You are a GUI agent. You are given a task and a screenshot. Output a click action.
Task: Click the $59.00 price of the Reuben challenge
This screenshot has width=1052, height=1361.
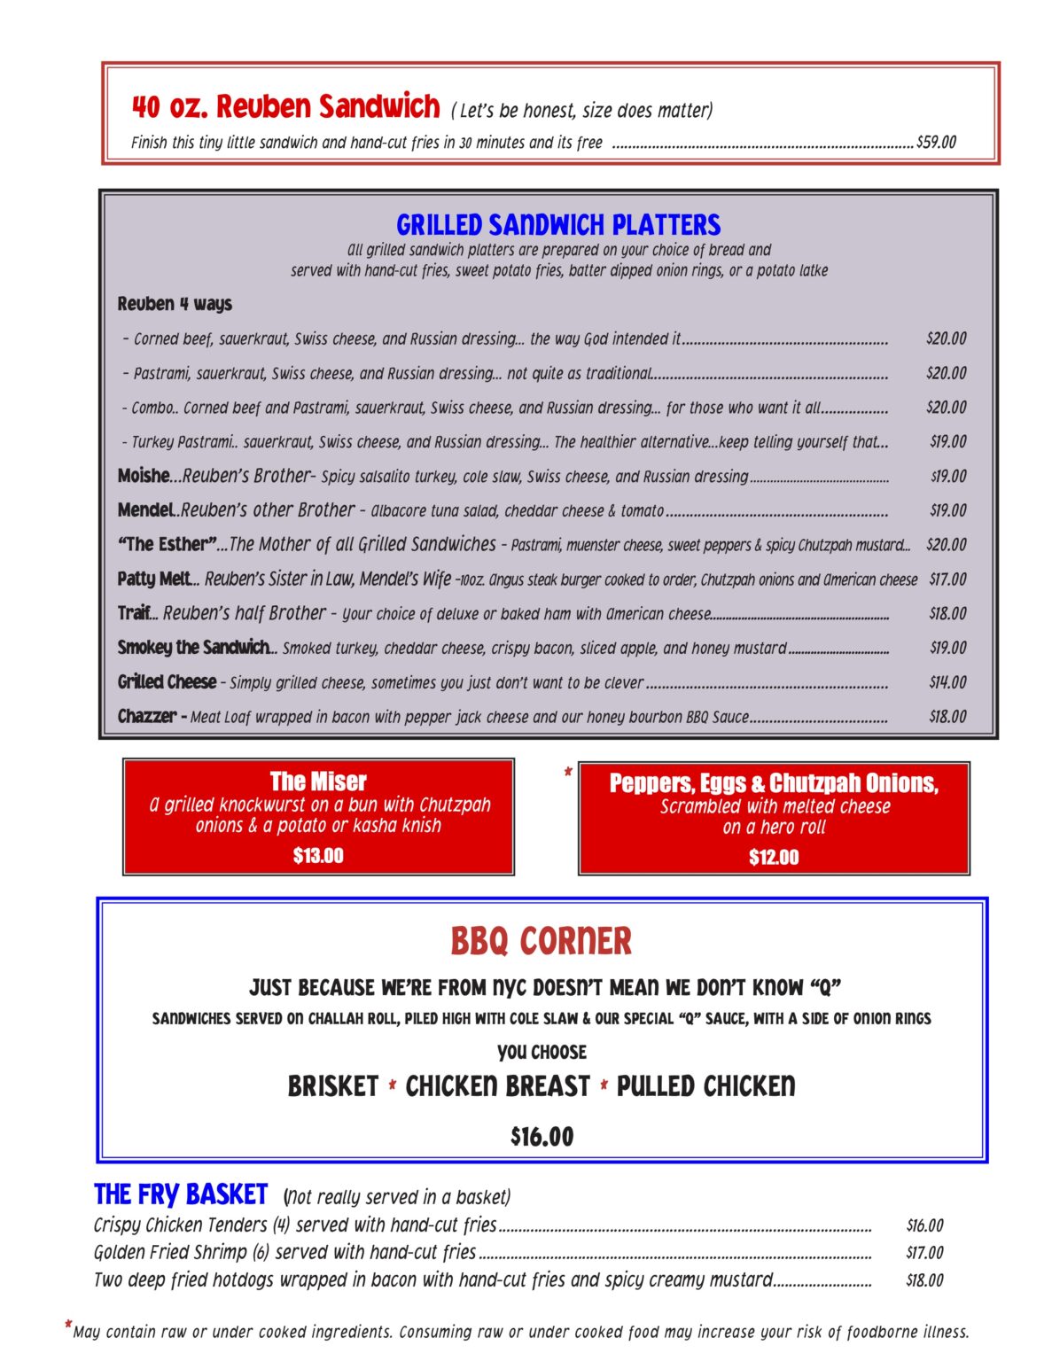(936, 142)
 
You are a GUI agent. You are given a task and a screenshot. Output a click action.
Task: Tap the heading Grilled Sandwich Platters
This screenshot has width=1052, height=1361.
(558, 224)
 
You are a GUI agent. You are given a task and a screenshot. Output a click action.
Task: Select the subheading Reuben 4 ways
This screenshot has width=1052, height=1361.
(175, 304)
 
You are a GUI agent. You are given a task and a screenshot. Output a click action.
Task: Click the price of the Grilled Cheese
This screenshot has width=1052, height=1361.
(947, 682)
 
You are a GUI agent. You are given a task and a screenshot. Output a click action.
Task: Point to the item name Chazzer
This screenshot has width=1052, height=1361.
(147, 716)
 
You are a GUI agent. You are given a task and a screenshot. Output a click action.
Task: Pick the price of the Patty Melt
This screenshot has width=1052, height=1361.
(947, 579)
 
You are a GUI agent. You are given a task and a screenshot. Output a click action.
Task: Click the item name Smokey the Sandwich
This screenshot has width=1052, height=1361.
(194, 648)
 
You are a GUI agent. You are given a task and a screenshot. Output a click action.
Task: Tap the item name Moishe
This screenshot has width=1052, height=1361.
(143, 476)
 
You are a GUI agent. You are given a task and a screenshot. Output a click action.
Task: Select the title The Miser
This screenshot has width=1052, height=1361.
(318, 782)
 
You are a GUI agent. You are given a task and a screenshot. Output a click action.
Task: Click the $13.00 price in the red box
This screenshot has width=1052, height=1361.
(318, 856)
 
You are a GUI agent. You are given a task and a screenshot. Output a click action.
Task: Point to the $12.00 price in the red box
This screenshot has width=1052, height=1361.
(774, 858)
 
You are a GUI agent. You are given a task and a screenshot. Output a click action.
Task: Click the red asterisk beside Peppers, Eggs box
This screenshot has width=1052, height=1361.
(568, 773)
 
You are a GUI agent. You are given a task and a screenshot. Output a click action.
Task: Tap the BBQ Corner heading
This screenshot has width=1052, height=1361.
(541, 941)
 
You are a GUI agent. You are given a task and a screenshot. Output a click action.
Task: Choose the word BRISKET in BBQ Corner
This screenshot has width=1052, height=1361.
(333, 1086)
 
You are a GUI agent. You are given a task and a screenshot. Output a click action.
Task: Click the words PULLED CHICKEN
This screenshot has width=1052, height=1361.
(705, 1086)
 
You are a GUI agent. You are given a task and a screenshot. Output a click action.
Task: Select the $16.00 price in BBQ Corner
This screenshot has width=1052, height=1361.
(542, 1137)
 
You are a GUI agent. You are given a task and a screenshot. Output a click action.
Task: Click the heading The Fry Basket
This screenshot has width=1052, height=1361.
(181, 1194)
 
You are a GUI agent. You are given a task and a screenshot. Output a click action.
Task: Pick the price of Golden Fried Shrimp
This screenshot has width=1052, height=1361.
(924, 1253)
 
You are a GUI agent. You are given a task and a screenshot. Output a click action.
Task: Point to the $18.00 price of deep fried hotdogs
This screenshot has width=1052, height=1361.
(924, 1280)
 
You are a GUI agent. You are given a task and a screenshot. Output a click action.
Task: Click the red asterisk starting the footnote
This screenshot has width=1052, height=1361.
(68, 1326)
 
